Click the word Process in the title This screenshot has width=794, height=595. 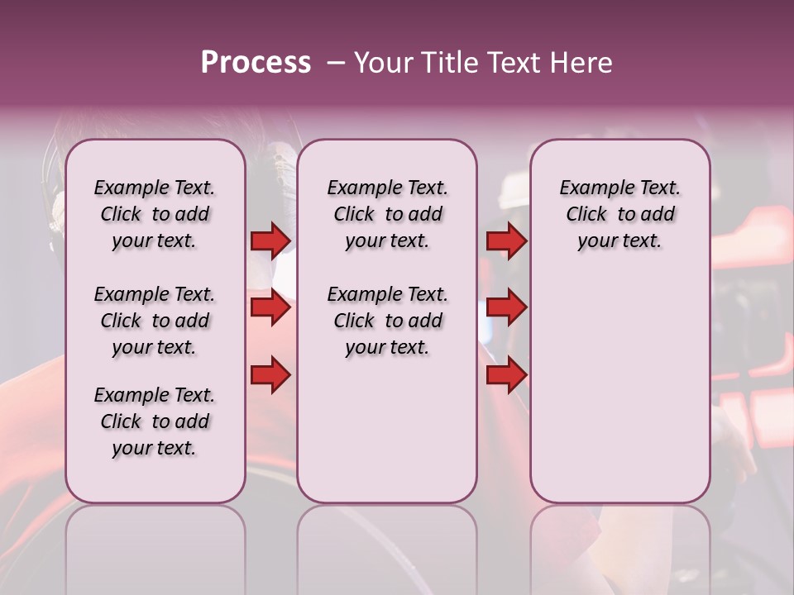coord(256,63)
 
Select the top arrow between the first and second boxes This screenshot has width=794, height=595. coord(270,240)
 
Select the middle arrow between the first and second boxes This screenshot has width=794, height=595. coord(270,308)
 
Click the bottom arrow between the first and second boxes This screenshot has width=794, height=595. coord(270,376)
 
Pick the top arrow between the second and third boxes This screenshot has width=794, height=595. coord(506,240)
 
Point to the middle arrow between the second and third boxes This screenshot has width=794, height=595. coord(506,308)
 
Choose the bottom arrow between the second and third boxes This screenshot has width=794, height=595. coord(506,376)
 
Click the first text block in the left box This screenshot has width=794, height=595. coord(155,214)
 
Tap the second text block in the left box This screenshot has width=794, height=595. coord(155,321)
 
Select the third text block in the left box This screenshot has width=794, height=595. coord(155,421)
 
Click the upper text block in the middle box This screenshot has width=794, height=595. coord(387,214)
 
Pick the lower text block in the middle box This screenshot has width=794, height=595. coord(387,321)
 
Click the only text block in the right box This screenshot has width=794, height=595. coord(619,214)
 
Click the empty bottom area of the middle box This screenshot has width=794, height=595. coord(387,438)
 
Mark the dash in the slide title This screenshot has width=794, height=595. coord(336,63)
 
